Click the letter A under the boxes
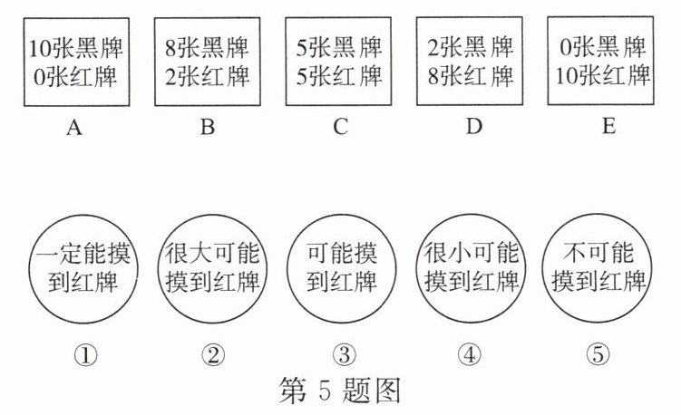(x=74, y=128)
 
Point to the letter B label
(x=208, y=128)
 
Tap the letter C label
(x=340, y=128)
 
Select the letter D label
(x=472, y=128)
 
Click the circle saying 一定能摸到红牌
(x=83, y=267)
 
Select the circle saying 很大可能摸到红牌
(x=213, y=267)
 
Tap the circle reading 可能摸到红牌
(x=341, y=267)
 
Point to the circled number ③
(x=341, y=355)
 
